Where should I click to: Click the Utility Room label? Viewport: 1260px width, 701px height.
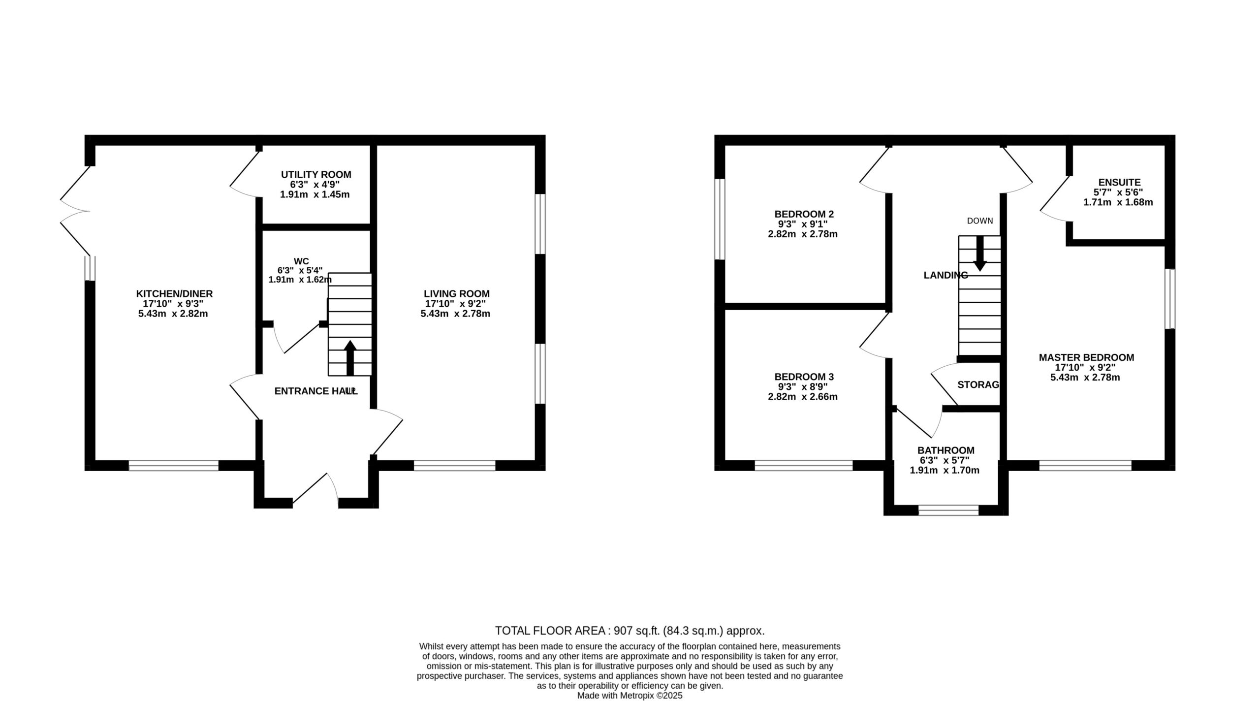(x=316, y=175)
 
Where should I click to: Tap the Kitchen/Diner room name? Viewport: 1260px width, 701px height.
(x=174, y=294)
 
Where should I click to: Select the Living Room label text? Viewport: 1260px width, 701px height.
(x=457, y=294)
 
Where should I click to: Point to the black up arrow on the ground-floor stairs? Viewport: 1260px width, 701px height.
(x=350, y=358)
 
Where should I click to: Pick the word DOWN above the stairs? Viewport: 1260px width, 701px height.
(x=980, y=221)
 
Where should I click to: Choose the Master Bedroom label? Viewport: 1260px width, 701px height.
(x=1086, y=358)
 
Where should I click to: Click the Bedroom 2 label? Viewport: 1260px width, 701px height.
(x=804, y=214)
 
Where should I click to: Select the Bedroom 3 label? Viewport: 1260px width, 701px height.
(x=804, y=377)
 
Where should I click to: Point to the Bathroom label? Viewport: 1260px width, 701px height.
(x=945, y=450)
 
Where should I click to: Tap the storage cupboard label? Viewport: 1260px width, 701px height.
(x=978, y=385)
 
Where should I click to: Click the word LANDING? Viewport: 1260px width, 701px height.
(x=945, y=276)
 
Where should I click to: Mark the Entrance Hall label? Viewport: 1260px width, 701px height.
(x=316, y=391)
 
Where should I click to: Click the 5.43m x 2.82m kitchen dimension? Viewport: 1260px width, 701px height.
(x=173, y=314)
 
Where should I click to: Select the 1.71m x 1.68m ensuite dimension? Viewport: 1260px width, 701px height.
(x=1118, y=202)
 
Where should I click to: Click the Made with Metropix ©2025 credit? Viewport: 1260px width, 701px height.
(x=630, y=696)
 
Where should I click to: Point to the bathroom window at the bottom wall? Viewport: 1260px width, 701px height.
(x=948, y=510)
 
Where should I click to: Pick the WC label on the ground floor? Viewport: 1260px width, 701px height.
(x=301, y=261)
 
